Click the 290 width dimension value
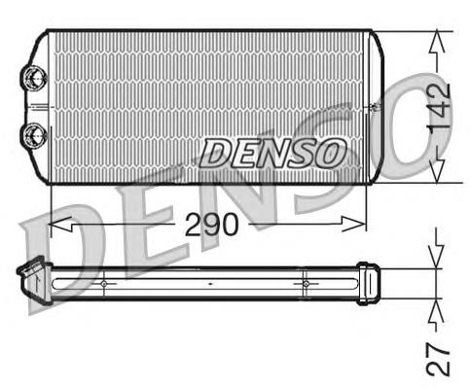[x=211, y=225]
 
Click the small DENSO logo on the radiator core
[x=273, y=151]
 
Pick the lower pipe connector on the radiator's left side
[x=35, y=132]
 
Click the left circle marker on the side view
[x=103, y=283]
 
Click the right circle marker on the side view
[x=306, y=283]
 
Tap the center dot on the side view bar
[x=210, y=283]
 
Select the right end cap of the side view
[x=366, y=283]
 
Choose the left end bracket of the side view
[x=31, y=281]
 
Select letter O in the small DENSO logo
[x=331, y=152]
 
